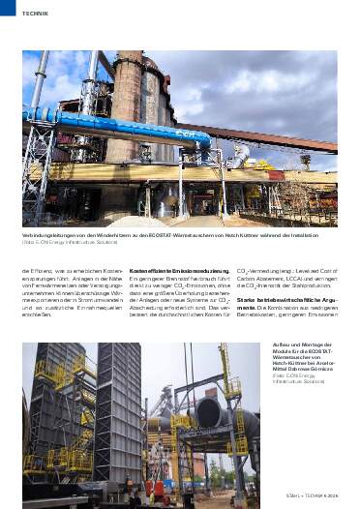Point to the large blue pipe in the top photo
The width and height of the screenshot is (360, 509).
[116, 127]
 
